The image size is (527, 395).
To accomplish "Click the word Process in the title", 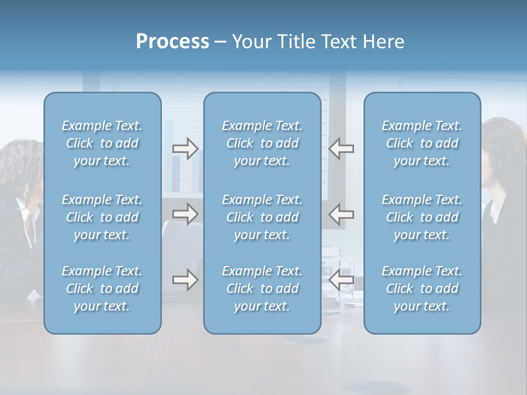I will (x=172, y=42).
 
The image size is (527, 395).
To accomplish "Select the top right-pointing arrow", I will (x=185, y=149).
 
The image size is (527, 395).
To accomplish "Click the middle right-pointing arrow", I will (x=185, y=214).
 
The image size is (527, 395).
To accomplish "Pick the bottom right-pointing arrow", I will (x=185, y=280).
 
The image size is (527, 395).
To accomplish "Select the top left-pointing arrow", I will (x=341, y=149).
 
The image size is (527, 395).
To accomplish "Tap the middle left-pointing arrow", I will (x=341, y=214).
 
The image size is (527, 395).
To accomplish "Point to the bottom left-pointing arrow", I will (x=341, y=280).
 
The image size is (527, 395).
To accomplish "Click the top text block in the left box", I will (x=102, y=143).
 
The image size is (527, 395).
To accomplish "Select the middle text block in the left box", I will (x=102, y=217).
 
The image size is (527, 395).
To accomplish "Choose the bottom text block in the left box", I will (x=102, y=289).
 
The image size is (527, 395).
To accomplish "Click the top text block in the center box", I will (x=262, y=143).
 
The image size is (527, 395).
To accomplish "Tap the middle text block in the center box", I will (x=262, y=217).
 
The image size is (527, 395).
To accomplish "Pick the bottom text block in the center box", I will (x=262, y=289).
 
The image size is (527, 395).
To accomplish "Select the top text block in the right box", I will (x=422, y=143).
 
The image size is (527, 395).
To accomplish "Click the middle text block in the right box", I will (x=422, y=217).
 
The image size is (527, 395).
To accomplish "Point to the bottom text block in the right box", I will (x=422, y=289).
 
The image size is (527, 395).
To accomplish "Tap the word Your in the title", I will (x=250, y=42).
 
